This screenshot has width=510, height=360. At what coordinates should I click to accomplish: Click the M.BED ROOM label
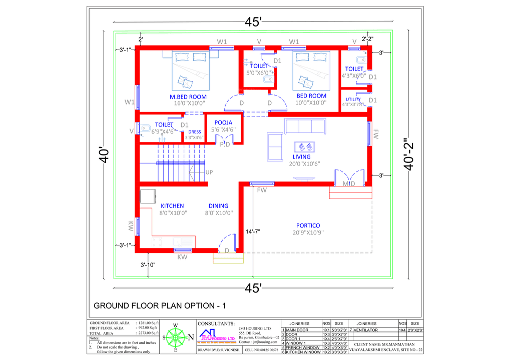click(188, 96)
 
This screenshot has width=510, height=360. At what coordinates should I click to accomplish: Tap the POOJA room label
click(223, 122)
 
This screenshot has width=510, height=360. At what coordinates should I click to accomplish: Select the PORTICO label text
click(308, 225)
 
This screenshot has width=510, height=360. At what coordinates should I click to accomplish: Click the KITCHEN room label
click(172, 205)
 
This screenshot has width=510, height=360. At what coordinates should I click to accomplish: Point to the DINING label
click(218, 205)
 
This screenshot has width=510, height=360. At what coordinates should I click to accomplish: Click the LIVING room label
click(302, 156)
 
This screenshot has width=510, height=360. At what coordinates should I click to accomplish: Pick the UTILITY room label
click(353, 99)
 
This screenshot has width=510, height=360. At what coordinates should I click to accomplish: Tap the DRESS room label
click(194, 132)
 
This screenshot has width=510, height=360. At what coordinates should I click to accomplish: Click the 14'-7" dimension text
click(253, 231)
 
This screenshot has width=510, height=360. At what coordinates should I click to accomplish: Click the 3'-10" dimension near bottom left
click(148, 264)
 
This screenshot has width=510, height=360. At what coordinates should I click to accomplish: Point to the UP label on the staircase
click(209, 172)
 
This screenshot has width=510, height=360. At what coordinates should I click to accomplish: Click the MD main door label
click(348, 184)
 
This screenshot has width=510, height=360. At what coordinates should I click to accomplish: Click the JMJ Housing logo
click(217, 335)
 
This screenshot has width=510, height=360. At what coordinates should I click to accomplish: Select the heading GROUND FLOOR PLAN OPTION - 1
click(160, 305)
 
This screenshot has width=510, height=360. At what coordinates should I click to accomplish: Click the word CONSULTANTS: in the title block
click(216, 323)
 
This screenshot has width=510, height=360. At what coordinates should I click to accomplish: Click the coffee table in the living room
click(305, 147)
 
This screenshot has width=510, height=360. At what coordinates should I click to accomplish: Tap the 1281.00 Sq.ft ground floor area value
click(148, 323)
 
